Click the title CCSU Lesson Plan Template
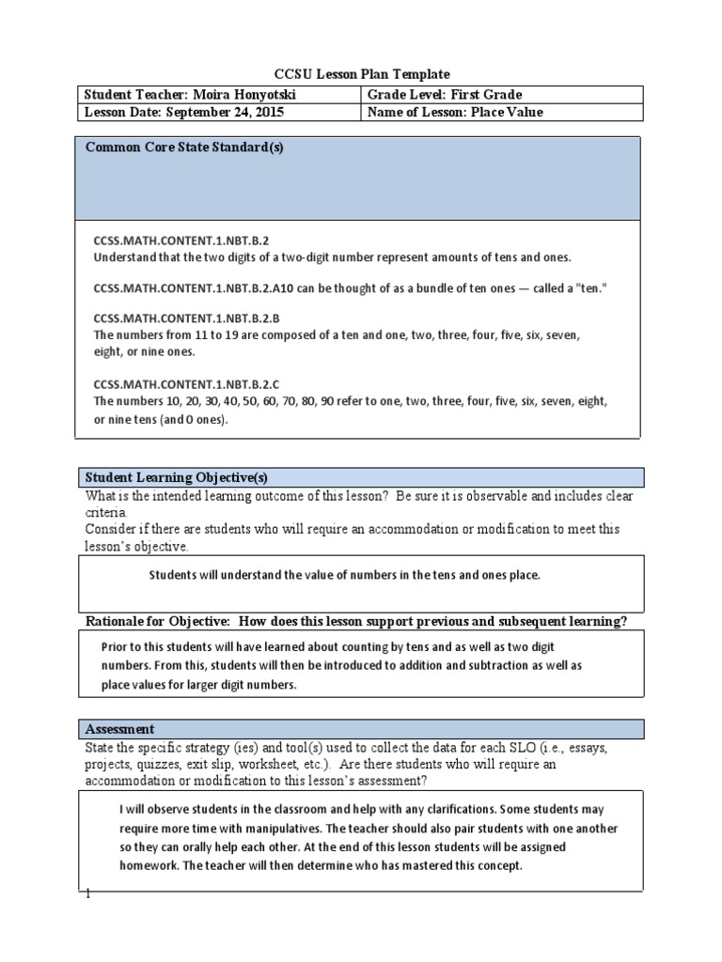point(361,73)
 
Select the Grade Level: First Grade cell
point(445,95)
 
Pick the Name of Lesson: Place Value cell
point(455,112)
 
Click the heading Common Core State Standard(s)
point(184,147)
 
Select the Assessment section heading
point(120,729)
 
